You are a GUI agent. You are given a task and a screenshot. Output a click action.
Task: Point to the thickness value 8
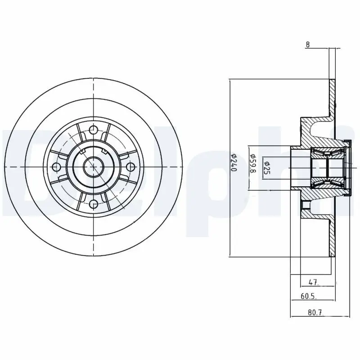[307, 45]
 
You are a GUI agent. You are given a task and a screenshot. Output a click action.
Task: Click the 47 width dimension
[314, 283]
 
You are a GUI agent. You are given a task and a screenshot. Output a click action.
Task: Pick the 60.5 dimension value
[308, 296]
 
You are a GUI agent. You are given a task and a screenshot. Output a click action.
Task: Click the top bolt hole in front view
[93, 130]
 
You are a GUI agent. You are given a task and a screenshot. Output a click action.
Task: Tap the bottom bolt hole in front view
[93, 204]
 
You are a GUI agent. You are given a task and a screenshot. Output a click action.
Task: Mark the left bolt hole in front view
[56, 167]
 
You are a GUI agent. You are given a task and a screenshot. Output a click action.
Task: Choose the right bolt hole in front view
[130, 167]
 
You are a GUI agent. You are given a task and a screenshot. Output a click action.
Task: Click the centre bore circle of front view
[93, 167]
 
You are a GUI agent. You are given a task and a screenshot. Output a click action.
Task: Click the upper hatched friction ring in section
[333, 99]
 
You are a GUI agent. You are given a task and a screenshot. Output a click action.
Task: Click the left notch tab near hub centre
[82, 152]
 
